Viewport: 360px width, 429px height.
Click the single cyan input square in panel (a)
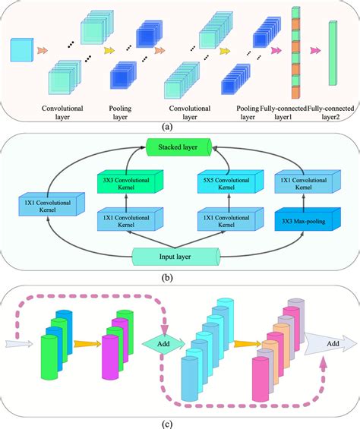21,52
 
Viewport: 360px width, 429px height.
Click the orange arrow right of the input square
43,52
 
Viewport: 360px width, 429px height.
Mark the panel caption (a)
178,128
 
